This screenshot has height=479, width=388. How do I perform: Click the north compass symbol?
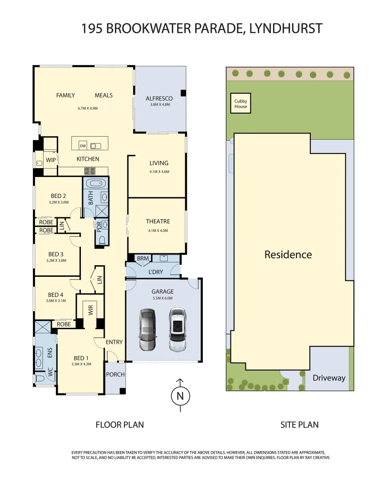click(180, 396)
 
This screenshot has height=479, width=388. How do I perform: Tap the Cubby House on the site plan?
click(241, 104)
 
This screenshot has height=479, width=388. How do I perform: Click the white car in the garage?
click(178, 330)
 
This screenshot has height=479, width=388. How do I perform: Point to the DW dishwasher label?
click(83, 146)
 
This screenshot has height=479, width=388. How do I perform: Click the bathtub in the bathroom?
click(95, 183)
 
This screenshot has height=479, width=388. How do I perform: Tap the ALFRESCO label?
click(159, 98)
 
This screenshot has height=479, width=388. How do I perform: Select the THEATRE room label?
click(158, 221)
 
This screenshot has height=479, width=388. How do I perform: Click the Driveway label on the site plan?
click(329, 378)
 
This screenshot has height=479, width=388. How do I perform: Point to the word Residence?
click(288, 255)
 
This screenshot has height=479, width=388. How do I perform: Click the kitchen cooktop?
click(90, 170)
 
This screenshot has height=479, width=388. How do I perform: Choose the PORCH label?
click(115, 374)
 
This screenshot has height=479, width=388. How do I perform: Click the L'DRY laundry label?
click(156, 272)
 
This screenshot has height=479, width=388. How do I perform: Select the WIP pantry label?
click(51, 160)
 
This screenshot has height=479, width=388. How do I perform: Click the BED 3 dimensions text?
click(56, 261)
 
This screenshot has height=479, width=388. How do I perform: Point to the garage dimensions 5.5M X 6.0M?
click(162, 298)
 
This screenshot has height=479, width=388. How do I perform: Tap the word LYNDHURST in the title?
click(286, 29)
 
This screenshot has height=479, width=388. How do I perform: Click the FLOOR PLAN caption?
click(119, 425)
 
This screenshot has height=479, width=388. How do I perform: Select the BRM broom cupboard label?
click(143, 258)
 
